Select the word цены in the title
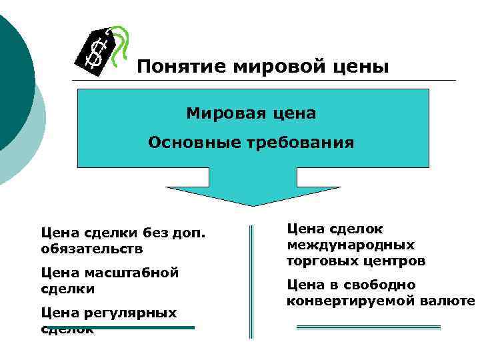coord(364,67)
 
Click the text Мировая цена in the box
coord(251,113)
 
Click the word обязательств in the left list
coord(91,249)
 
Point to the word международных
coord(351,245)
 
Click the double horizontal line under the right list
coord(368,327)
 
